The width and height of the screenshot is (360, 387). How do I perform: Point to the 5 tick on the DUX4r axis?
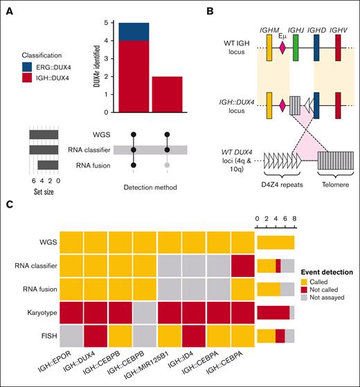point(103,22)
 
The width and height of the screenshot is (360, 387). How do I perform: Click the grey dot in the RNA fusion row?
point(166,165)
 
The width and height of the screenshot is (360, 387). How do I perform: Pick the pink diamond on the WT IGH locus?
point(282,48)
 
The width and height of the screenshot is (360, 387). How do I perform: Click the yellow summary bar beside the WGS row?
point(276,242)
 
